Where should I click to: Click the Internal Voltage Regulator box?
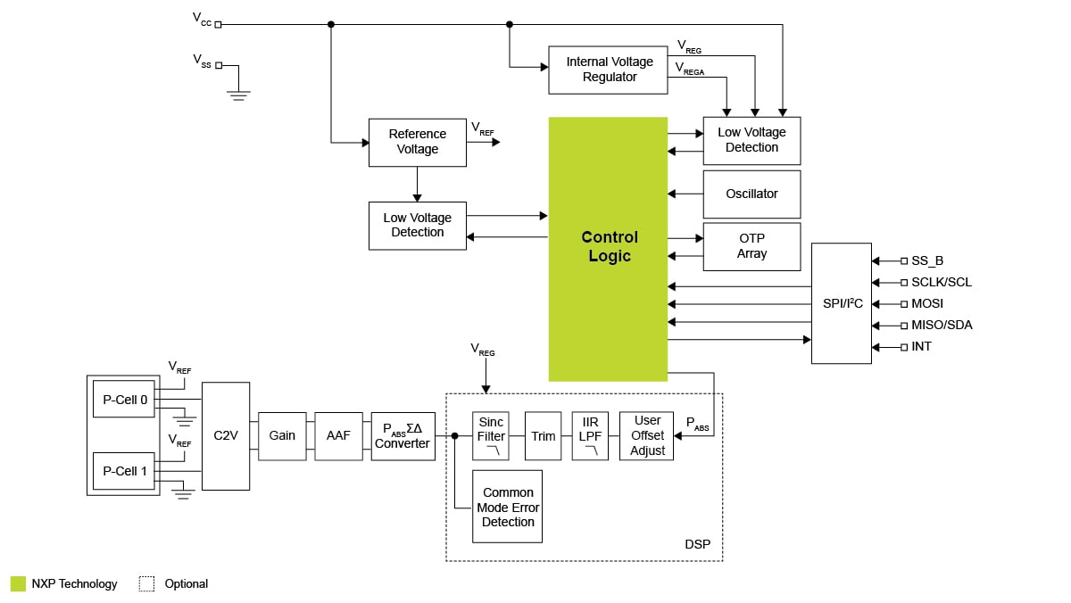click(610, 70)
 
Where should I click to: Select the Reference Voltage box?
click(417, 142)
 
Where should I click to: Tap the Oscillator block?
click(751, 194)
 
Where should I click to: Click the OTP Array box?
click(751, 246)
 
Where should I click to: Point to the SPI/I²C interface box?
click(842, 303)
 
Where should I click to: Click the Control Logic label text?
click(609, 247)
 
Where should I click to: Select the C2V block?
click(225, 435)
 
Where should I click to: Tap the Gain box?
click(282, 435)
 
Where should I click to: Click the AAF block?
click(338, 435)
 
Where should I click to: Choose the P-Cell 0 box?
click(125, 400)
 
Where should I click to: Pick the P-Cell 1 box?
click(125, 471)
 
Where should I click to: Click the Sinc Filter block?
click(491, 435)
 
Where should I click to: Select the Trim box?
click(543, 435)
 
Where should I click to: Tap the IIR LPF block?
click(590, 435)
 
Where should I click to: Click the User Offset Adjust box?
click(647, 435)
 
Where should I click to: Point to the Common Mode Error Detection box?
click(507, 507)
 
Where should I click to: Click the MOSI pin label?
click(927, 303)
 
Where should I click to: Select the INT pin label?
click(921, 346)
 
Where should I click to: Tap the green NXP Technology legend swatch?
click(18, 583)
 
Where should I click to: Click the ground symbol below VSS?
click(237, 94)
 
